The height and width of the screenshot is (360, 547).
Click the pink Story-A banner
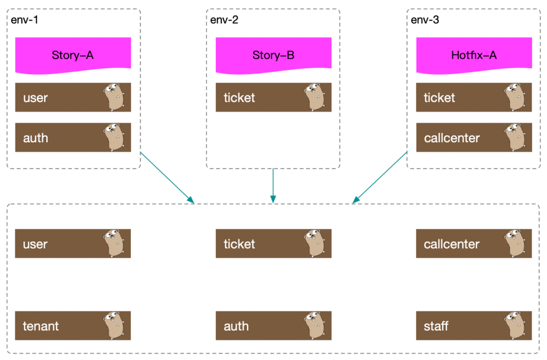click(x=73, y=53)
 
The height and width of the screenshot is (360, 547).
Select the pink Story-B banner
click(x=273, y=53)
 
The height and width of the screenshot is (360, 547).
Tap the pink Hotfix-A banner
click(x=474, y=53)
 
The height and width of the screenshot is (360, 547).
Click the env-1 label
click(x=24, y=20)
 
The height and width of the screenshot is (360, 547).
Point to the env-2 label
click(x=224, y=20)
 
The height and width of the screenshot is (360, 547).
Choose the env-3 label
click(x=424, y=20)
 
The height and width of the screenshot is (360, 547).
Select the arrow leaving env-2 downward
click(x=273, y=185)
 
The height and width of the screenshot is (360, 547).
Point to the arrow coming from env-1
click(x=167, y=177)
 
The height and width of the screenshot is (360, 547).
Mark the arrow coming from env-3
click(x=380, y=177)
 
